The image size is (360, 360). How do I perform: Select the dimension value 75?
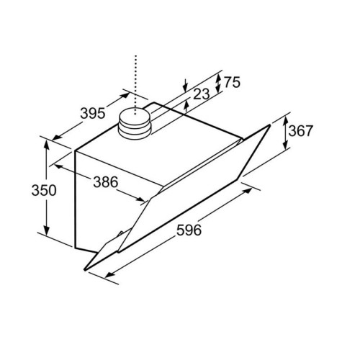coord(230,83)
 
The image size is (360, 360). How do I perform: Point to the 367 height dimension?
coord(300,132)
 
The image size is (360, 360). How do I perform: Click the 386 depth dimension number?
coord(105,182)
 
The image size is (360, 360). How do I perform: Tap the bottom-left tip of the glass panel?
coord(85,269)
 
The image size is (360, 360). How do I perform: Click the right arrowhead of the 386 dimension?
coord(145,201)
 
